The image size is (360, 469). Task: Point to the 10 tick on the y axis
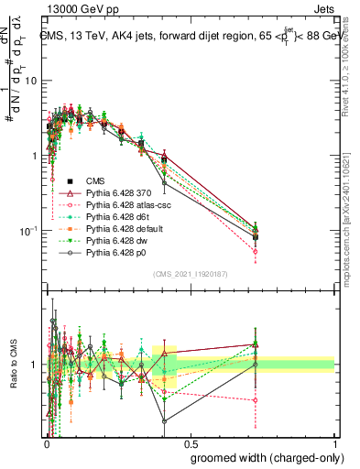click(30, 81)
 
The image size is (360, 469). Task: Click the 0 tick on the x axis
click(46, 443)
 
